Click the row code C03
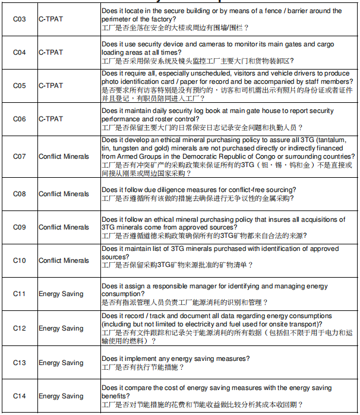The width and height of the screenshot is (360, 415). tap(20, 19)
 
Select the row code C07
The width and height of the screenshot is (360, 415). tap(20, 156)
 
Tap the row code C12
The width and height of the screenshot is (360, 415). tap(20, 328)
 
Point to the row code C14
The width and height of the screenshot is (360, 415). tap(20, 396)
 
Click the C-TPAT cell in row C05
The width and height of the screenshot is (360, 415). tap(50, 86)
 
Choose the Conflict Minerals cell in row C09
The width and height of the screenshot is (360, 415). tap(64, 227)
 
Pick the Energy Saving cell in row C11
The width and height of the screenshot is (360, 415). tap(61, 294)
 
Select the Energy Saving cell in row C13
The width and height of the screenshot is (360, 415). tap(61, 363)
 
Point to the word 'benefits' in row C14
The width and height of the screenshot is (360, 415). tap(115, 396)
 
